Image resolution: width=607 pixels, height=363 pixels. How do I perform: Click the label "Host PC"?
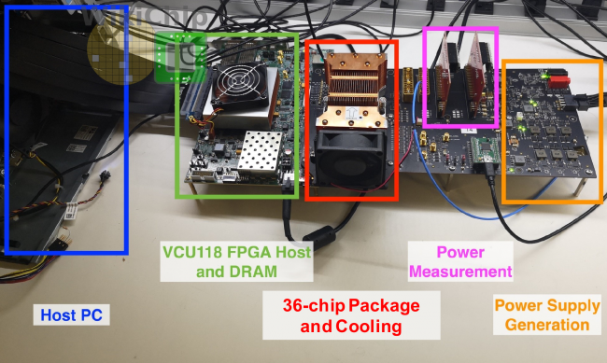72,315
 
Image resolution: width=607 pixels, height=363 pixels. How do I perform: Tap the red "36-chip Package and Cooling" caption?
350,315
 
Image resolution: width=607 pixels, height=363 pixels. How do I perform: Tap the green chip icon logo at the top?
180,54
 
